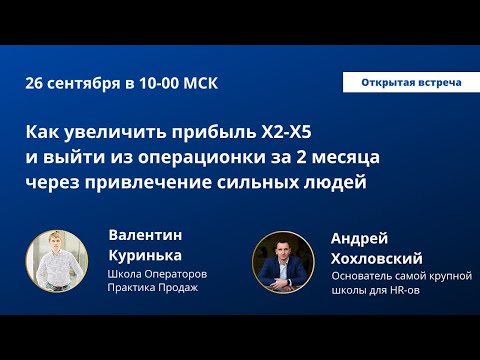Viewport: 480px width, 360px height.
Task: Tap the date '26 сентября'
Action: click(x=74, y=84)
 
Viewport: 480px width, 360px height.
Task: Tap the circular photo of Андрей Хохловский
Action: click(x=281, y=262)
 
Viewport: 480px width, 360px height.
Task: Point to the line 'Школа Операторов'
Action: click(x=156, y=273)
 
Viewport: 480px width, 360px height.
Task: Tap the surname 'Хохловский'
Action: click(x=380, y=257)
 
